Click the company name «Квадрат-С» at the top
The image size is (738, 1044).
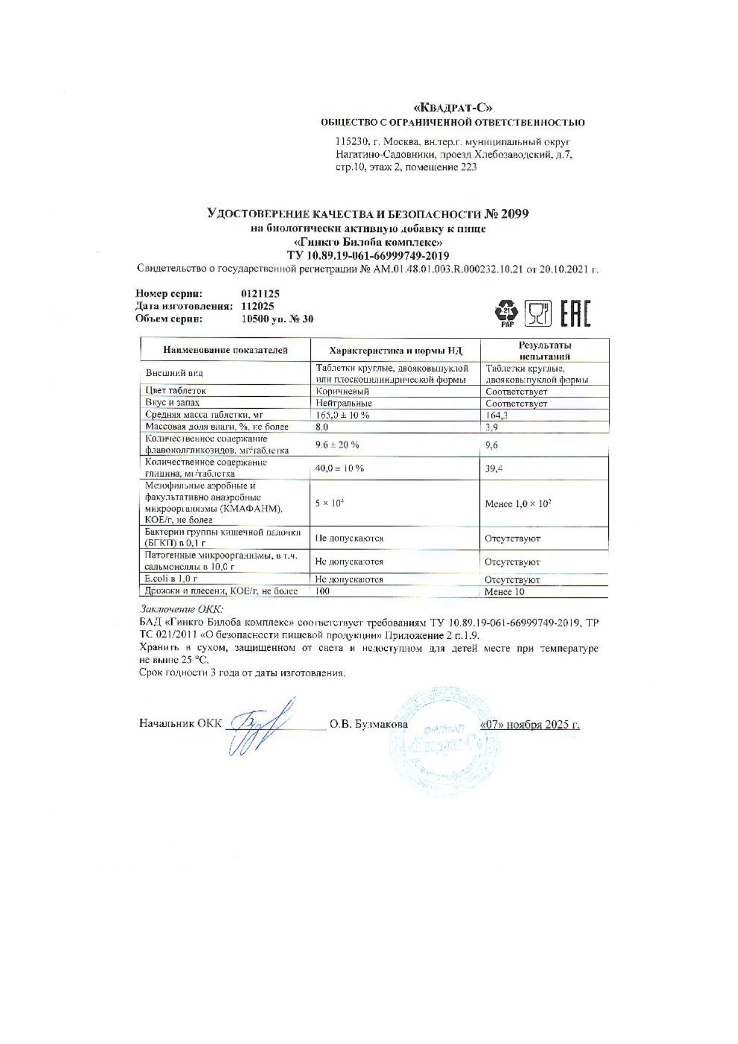(453, 108)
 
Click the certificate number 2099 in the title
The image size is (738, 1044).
(514, 214)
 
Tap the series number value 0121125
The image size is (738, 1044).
(260, 294)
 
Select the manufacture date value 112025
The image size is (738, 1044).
(257, 306)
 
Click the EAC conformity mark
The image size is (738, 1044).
(575, 314)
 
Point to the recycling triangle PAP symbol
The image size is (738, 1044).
(507, 313)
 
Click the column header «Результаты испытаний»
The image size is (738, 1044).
(544, 350)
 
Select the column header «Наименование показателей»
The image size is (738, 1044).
(225, 350)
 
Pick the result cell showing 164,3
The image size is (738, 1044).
(496, 415)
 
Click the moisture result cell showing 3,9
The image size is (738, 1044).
(492, 427)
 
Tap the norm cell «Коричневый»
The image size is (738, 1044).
(343, 391)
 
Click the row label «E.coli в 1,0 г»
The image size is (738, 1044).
(171, 579)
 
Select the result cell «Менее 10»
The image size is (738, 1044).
(504, 592)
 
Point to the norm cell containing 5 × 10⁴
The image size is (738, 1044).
(329, 503)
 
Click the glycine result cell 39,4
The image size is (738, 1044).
(494, 469)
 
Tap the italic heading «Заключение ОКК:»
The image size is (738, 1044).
(181, 609)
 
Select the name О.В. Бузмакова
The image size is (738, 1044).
(369, 724)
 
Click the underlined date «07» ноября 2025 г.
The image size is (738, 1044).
(529, 725)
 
